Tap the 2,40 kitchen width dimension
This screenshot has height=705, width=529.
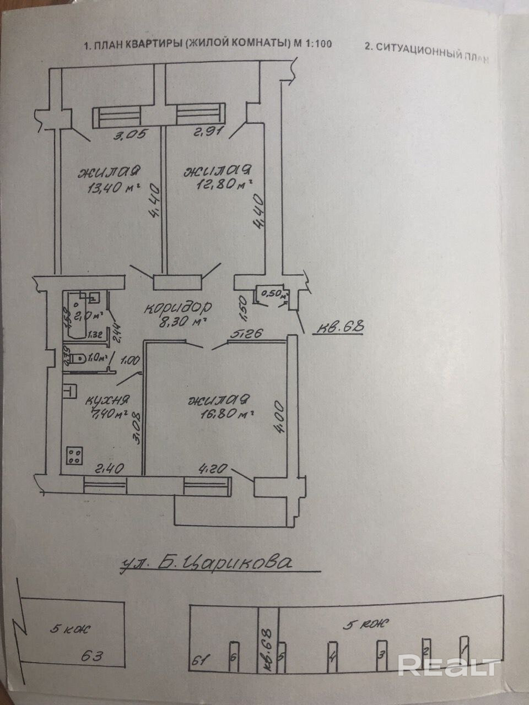(x=111, y=469)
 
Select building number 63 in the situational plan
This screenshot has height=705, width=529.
(x=93, y=655)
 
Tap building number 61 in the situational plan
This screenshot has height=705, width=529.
(x=206, y=659)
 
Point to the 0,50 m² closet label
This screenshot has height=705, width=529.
(x=274, y=294)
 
